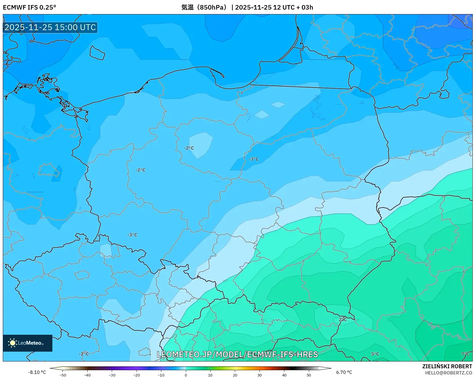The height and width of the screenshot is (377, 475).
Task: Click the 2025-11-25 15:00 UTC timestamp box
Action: click(50, 27)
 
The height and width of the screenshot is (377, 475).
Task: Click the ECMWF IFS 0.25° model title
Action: click(29, 7)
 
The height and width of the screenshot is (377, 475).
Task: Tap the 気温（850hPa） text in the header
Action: click(204, 7)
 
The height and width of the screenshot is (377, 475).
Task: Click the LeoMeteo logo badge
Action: click(28, 343)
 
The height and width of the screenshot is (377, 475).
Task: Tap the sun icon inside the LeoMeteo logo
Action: click(12, 343)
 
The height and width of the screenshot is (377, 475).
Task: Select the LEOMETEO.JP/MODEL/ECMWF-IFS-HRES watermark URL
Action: click(237, 354)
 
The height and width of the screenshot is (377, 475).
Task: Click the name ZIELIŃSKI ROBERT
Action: click(447, 366)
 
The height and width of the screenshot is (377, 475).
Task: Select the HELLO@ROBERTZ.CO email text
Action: click(448, 373)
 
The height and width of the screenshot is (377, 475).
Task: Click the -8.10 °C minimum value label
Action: click(37, 372)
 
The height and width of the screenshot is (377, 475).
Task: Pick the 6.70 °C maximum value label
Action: click(344, 372)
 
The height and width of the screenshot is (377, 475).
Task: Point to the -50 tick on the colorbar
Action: click(63, 375)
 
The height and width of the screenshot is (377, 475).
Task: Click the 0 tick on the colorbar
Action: click(186, 375)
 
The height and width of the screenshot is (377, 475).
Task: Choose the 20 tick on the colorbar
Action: click(235, 375)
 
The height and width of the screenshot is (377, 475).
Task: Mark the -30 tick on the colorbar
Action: click(112, 375)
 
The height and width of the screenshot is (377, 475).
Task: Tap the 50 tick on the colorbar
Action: click(309, 375)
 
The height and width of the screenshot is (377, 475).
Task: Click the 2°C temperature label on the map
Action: click(342, 319)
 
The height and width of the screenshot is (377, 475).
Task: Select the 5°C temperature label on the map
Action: click(375, 354)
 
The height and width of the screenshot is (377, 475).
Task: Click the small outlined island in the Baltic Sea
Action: click(97, 53)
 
